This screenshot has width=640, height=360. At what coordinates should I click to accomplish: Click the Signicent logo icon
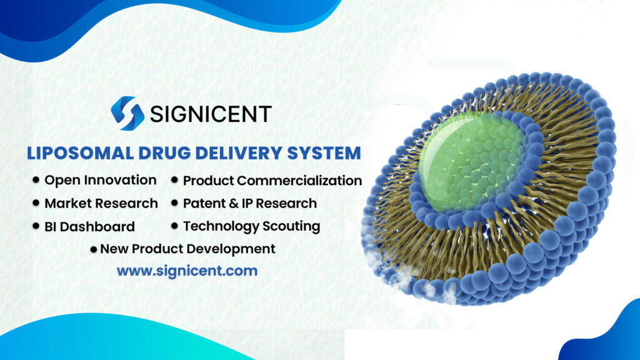[x=127, y=113]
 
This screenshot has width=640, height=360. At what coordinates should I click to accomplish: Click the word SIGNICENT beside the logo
[x=210, y=114]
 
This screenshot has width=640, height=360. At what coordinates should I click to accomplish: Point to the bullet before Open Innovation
[x=36, y=181]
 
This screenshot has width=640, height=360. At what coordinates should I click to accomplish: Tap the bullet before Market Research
[x=36, y=204]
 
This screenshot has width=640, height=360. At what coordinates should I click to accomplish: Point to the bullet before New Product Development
[x=94, y=249]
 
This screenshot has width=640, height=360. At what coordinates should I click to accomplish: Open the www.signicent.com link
[x=187, y=271]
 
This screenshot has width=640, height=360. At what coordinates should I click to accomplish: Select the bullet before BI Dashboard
[x=36, y=226]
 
